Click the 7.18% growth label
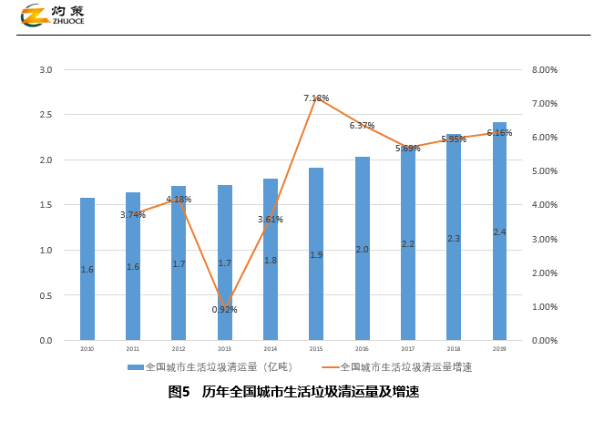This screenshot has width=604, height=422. [316, 98]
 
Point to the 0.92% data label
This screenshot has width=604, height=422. [224, 310]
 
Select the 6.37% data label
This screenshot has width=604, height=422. [362, 126]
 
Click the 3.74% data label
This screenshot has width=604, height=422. [133, 215]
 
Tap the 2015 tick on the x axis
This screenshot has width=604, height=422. [316, 349]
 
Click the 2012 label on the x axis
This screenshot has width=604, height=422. [179, 349]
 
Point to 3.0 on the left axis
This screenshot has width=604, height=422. [46, 70]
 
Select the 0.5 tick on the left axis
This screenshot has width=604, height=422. [46, 295]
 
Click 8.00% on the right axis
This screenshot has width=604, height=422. [544, 70]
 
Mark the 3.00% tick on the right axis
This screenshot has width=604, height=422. [544, 239]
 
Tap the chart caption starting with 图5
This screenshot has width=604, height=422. [293, 393]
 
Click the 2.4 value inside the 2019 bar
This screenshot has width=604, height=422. [499, 232]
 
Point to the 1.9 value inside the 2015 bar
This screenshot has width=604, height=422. [316, 255]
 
